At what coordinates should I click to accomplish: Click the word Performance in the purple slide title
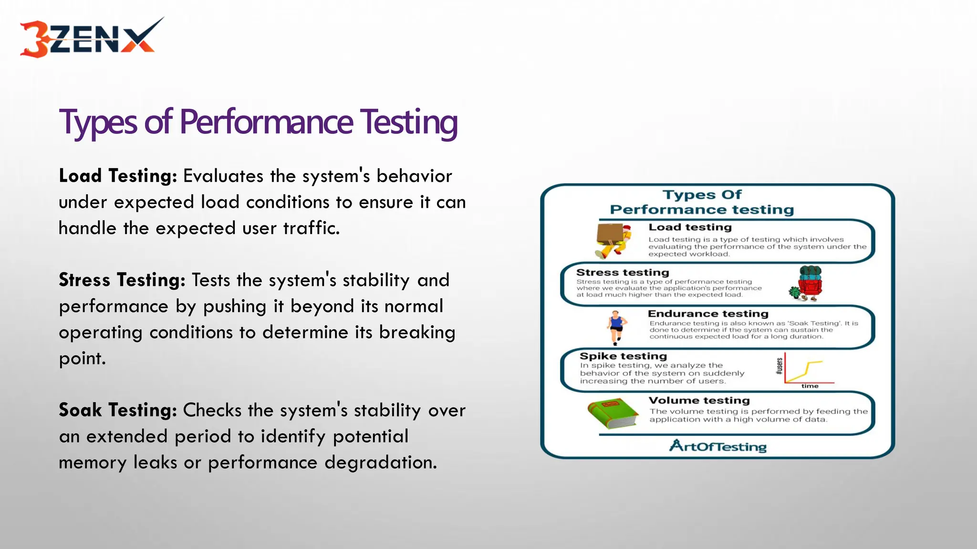[266, 122]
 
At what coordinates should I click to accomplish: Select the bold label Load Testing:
[118, 176]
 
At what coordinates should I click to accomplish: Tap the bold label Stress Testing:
[122, 280]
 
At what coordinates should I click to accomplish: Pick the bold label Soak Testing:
[118, 410]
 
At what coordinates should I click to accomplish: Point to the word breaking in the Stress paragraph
[417, 332]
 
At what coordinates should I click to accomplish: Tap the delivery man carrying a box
[613, 240]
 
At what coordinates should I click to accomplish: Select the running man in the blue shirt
[616, 327]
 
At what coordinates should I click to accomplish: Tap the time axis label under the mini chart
[810, 386]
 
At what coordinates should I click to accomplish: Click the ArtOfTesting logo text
[718, 447]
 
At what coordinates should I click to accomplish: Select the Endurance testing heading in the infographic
[708, 314]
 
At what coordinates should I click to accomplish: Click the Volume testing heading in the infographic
[699, 400]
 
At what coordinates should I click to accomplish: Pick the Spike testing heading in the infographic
[623, 356]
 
